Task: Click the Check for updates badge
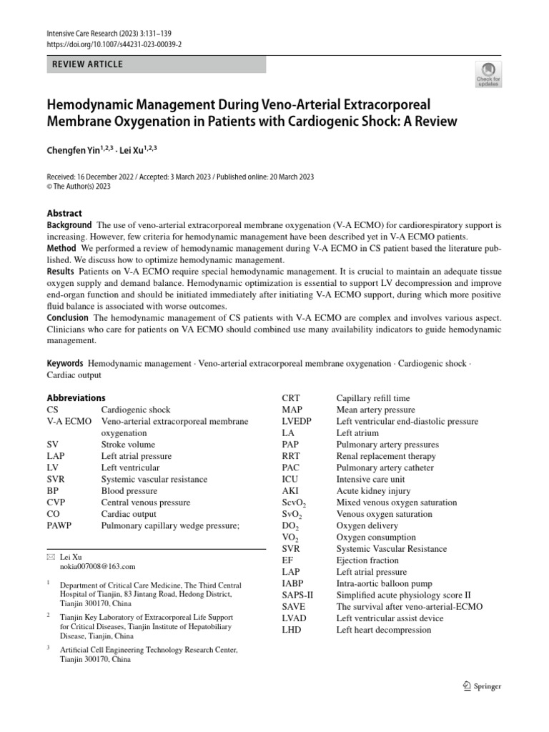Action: tap(488, 73)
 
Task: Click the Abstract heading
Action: tap(64, 213)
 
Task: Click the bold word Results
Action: tap(61, 272)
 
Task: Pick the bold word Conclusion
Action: tap(68, 317)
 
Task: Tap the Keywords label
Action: tap(65, 363)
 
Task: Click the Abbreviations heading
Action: tap(76, 397)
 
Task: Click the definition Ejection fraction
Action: tap(369, 560)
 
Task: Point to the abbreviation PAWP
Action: tap(60, 525)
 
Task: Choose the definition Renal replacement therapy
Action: tap(387, 456)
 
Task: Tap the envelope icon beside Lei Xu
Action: tap(50, 555)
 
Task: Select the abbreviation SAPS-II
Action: tap(297, 595)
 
